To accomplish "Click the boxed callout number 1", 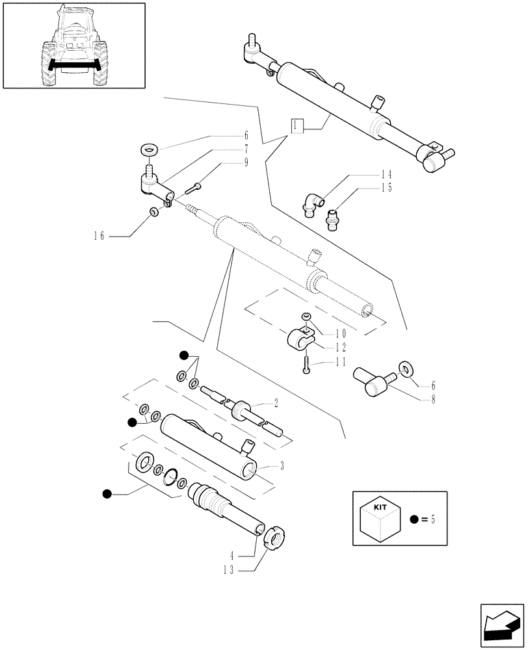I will (297, 125).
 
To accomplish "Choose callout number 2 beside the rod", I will (276, 404).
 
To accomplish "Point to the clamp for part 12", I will (300, 340).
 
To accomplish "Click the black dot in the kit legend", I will (414, 519).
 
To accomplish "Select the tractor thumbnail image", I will (73, 45).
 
